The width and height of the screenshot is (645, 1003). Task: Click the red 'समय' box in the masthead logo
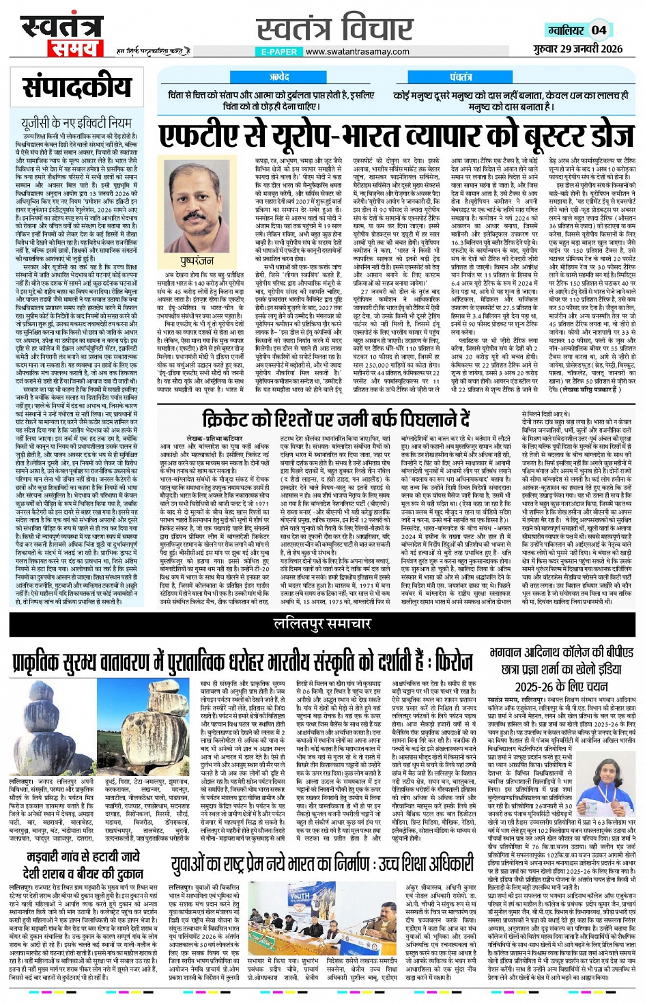[x=74, y=49]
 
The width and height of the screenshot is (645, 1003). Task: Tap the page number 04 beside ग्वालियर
[x=599, y=30]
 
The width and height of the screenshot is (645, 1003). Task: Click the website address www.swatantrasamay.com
[x=358, y=51]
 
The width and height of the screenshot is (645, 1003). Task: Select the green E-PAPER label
[x=278, y=51]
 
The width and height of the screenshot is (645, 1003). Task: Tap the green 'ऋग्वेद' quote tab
[x=279, y=77]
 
